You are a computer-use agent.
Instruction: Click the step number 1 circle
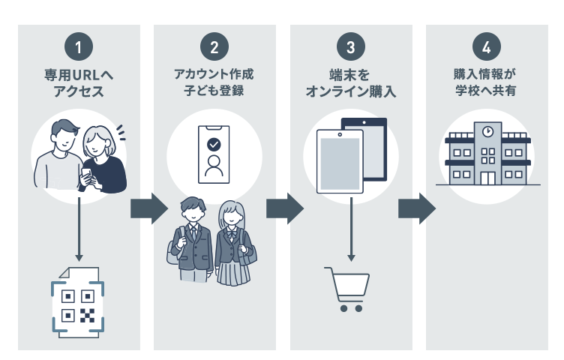(x=79, y=47)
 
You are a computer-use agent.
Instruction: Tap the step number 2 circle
(x=214, y=47)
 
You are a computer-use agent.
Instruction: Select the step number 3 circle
(x=350, y=47)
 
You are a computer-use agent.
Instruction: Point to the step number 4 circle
(x=486, y=47)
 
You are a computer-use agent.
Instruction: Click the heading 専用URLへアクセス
(x=79, y=84)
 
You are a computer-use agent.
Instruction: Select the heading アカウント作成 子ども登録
(x=214, y=84)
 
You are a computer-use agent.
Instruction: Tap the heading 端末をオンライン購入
(x=350, y=84)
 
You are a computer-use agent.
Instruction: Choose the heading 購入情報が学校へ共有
(x=486, y=84)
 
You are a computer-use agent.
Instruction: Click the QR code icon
(x=78, y=306)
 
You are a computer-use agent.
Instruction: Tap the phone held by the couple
(x=86, y=174)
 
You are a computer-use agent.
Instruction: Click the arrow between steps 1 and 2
(x=149, y=208)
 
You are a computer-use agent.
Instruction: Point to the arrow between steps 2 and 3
(x=284, y=208)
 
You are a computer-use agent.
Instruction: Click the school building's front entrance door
(x=487, y=178)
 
